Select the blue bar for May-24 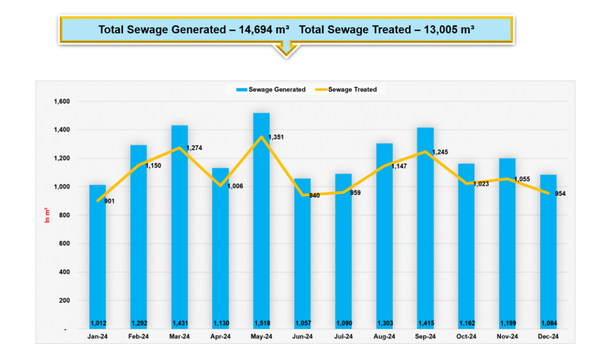tap(261, 231)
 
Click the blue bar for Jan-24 tap(98, 260)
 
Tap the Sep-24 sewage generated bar tap(425, 231)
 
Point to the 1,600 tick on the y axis tap(61, 102)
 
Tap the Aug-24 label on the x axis tap(384, 336)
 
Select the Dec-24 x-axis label tap(548, 336)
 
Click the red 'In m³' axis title tap(48, 215)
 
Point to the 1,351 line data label tap(276, 137)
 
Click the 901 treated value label tap(110, 201)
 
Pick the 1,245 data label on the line tap(440, 152)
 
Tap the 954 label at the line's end tap(560, 194)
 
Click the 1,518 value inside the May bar tap(261, 323)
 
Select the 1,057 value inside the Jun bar tap(302, 323)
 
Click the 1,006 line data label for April tap(234, 186)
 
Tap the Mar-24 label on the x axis tap(179, 336)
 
